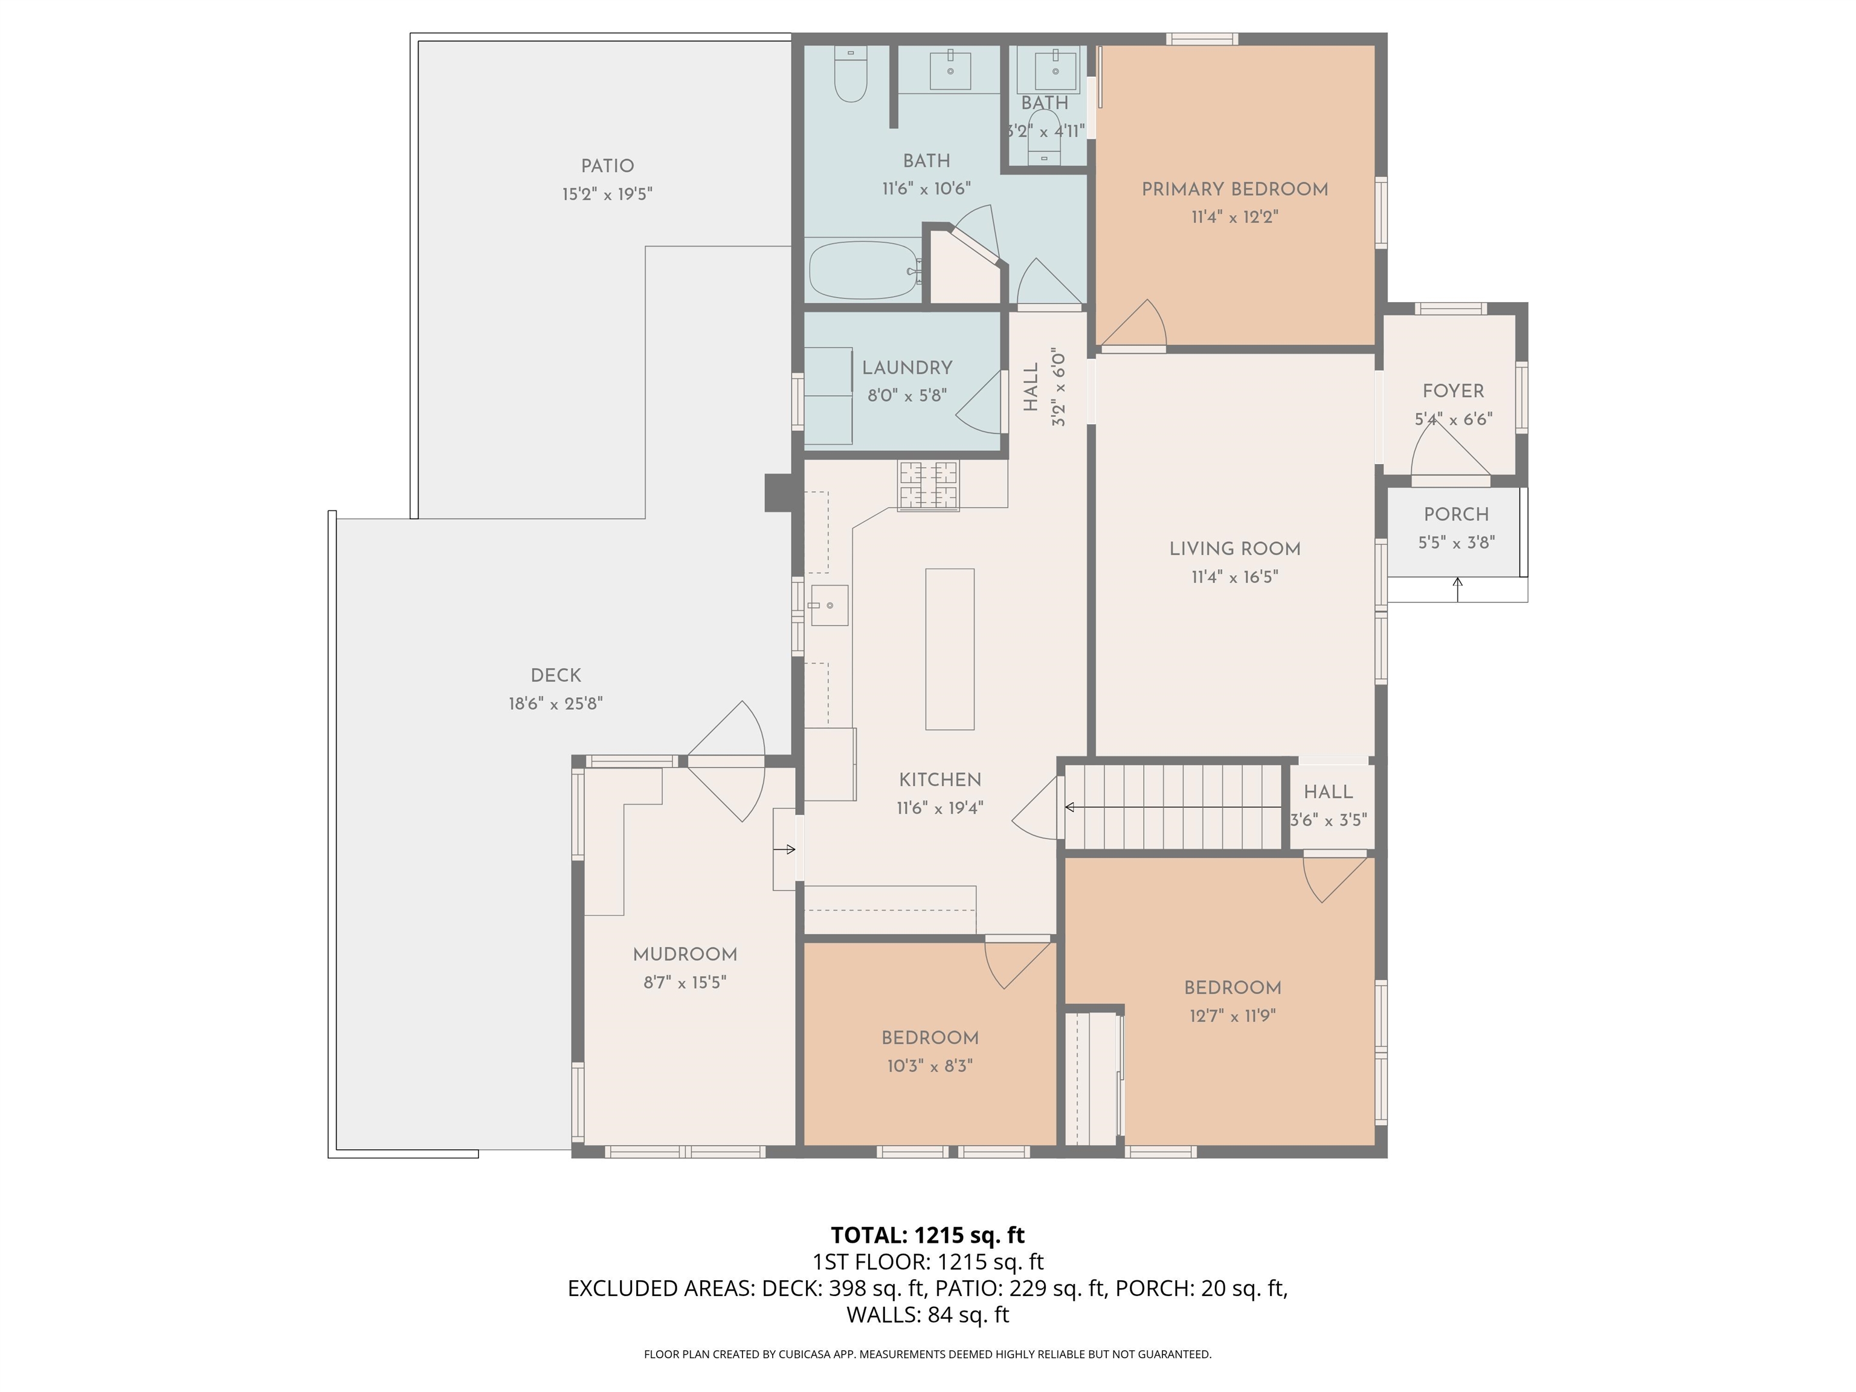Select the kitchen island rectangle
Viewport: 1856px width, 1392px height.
click(950, 649)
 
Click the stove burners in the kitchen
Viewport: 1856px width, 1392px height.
click(928, 485)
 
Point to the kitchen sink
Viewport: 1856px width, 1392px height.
click(829, 605)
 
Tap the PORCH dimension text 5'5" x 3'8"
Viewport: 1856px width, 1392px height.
click(1456, 543)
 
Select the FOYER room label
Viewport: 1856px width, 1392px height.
click(1452, 391)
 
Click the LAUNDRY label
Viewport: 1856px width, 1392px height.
click(907, 367)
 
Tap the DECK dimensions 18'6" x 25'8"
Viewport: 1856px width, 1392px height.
click(555, 703)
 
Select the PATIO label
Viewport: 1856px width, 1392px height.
click(607, 166)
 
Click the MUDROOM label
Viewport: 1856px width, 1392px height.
click(685, 954)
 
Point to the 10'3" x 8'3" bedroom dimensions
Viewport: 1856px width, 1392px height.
click(930, 1066)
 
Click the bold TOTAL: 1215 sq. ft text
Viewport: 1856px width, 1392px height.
click(927, 1235)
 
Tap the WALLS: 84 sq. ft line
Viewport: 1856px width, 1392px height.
click(927, 1315)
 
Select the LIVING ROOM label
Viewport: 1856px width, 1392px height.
click(1234, 549)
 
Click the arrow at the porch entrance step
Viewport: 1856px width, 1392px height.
click(1457, 589)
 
